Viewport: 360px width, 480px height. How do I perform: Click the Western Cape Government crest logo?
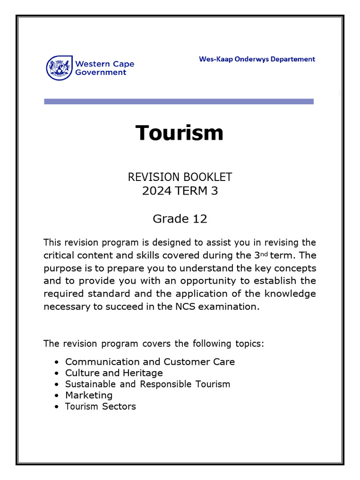pyautogui.click(x=60, y=67)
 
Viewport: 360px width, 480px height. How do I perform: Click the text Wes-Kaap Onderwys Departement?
pyautogui.click(x=257, y=59)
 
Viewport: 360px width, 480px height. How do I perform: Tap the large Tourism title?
pyautogui.click(x=180, y=133)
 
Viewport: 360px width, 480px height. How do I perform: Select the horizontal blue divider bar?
pyautogui.click(x=179, y=101)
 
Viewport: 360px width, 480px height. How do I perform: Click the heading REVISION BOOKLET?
pyautogui.click(x=180, y=177)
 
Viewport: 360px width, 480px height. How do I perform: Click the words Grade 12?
pyautogui.click(x=180, y=218)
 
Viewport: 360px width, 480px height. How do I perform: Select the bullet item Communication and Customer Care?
pyautogui.click(x=150, y=362)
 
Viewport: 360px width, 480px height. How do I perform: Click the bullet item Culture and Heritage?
pyautogui.click(x=114, y=373)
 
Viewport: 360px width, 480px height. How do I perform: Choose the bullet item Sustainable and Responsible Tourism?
pyautogui.click(x=148, y=384)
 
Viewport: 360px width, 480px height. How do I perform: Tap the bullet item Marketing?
pyautogui.click(x=89, y=395)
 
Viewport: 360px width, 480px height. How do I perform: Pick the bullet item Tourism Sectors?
pyautogui.click(x=100, y=406)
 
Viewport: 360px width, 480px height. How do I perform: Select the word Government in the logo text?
pyautogui.click(x=101, y=72)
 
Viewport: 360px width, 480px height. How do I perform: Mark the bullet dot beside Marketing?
pyautogui.click(x=57, y=396)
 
